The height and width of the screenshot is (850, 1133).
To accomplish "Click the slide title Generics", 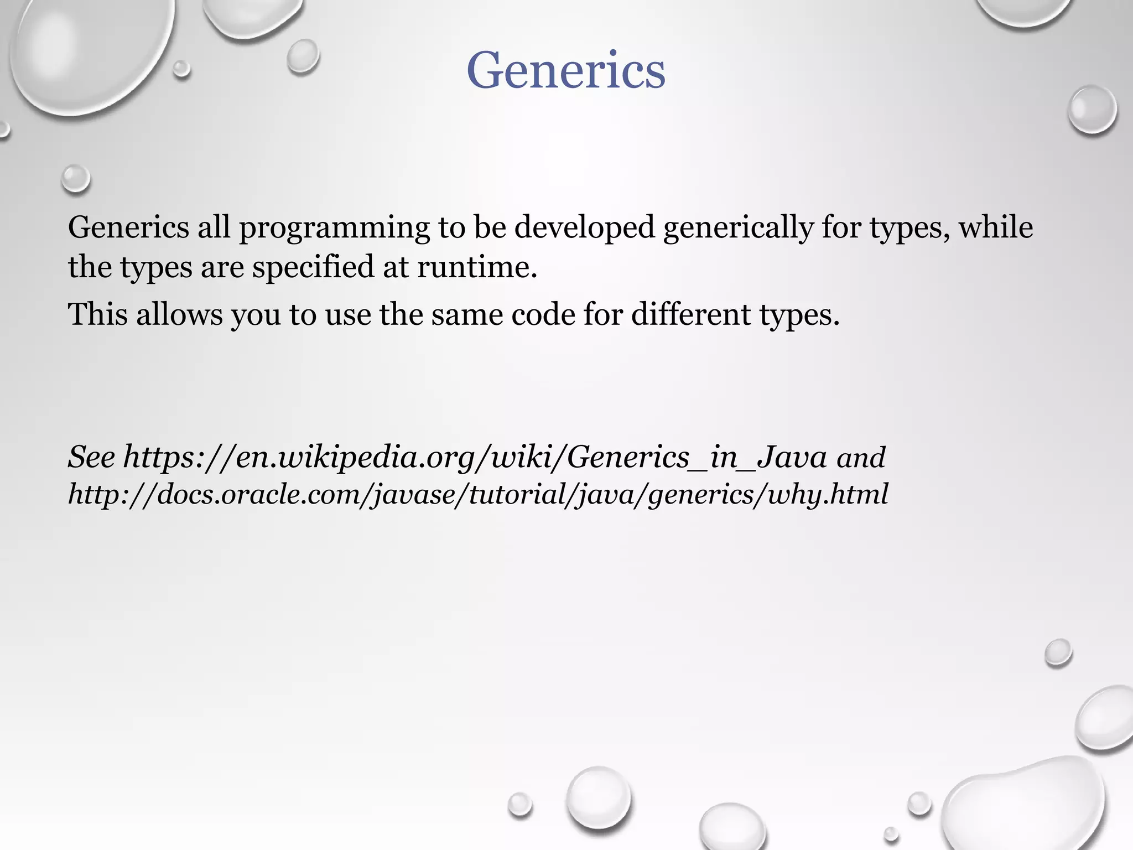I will [x=566, y=70].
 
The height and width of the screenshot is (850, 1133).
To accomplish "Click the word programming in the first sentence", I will [x=334, y=227].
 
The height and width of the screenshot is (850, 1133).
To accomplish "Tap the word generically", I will [x=739, y=227].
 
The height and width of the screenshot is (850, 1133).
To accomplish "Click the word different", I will [x=691, y=314].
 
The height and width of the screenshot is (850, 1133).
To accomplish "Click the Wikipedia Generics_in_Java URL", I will [x=475, y=457].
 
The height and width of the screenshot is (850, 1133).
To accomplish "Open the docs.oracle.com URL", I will [x=477, y=494].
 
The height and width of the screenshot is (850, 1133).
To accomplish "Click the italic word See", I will [x=91, y=457].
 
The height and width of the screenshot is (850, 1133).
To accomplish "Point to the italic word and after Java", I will [x=861, y=458].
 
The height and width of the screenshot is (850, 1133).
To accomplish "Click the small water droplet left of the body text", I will [x=75, y=178].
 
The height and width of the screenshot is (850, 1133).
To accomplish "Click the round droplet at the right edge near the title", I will [x=1092, y=109].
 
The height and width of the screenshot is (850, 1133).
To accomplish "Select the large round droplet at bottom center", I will [x=599, y=796].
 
